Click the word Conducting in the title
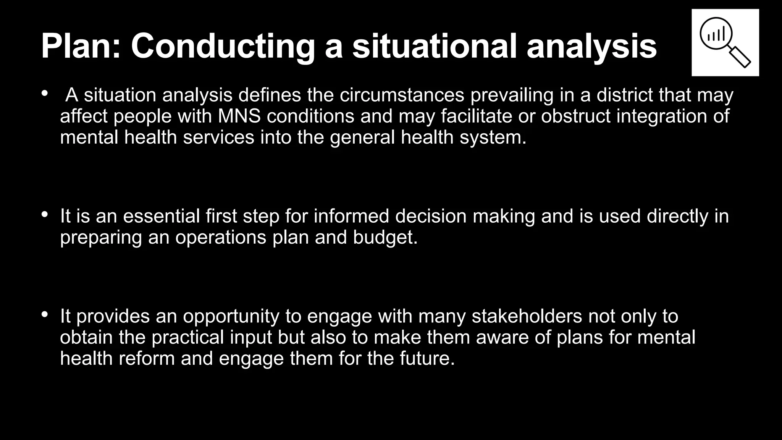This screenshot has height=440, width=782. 223,46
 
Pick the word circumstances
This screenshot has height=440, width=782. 402,95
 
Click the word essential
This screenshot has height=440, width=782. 161,216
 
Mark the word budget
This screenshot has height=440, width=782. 385,237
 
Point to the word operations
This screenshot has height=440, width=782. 221,237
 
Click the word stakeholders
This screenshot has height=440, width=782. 527,316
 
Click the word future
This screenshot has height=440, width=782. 427,359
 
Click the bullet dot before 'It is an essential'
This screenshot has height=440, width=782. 45,215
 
